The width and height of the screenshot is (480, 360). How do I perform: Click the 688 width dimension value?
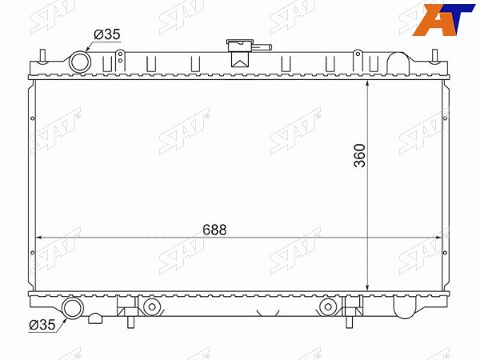point(214,230)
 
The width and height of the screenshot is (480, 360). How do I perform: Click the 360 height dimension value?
point(360,155)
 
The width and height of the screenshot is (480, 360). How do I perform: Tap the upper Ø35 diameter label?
point(107,34)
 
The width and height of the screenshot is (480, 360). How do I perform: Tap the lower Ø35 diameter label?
point(42,325)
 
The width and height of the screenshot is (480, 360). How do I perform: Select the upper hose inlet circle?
point(80,62)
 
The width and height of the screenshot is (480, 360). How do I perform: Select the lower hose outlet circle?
point(73,308)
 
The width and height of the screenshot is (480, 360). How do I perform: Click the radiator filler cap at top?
point(239,46)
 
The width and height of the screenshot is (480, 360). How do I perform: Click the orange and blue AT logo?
point(443,19)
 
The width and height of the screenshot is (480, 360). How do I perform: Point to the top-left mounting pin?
point(42,57)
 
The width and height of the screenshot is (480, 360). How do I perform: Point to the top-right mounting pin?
point(435,57)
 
